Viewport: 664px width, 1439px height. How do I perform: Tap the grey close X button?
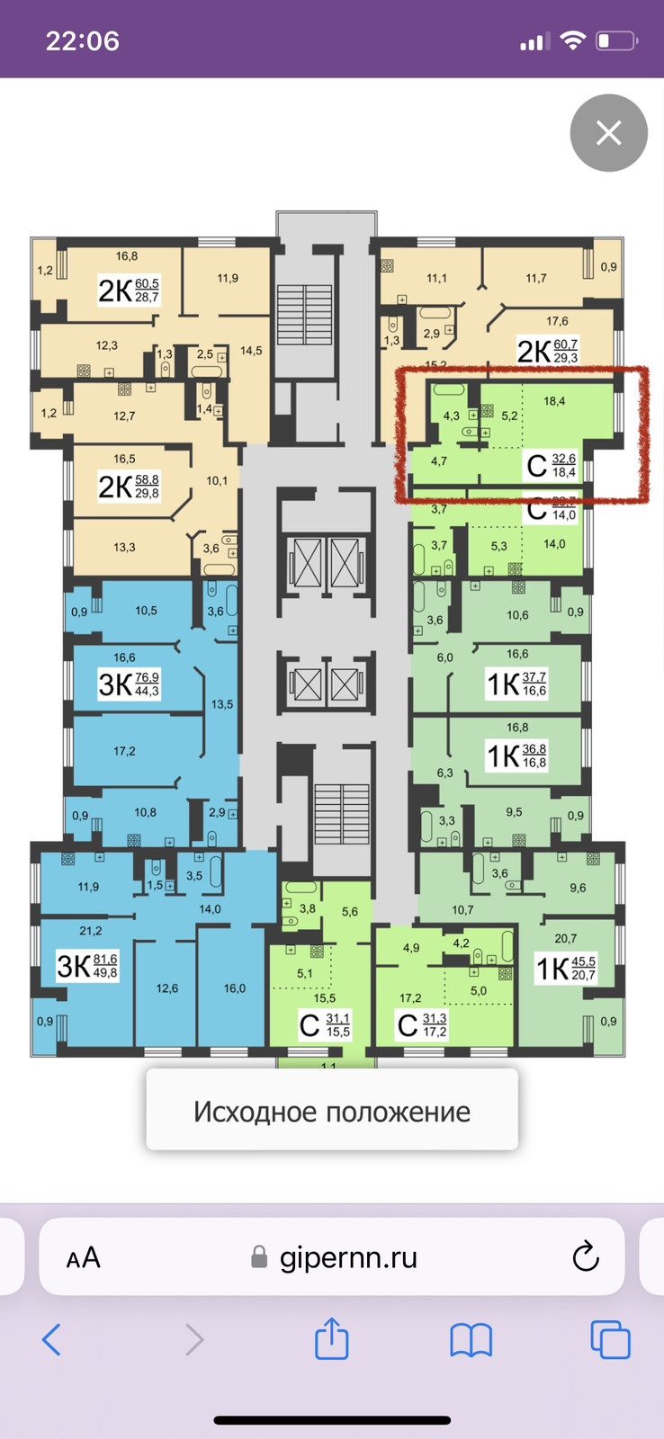[x=609, y=133]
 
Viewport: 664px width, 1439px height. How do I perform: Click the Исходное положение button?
[x=332, y=1112]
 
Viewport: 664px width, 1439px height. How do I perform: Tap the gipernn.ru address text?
[x=348, y=1256]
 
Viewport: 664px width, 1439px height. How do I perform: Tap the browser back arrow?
[x=52, y=1340]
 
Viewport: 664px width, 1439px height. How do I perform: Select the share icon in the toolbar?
[x=332, y=1338]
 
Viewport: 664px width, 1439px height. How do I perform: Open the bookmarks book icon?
[x=471, y=1340]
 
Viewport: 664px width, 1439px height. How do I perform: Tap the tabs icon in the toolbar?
[x=610, y=1340]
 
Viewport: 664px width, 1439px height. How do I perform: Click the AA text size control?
[x=83, y=1257]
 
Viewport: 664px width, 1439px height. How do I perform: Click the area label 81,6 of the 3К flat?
[x=105, y=960]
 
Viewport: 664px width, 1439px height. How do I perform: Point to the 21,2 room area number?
[x=91, y=931]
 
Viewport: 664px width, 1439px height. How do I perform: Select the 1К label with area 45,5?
[x=553, y=969]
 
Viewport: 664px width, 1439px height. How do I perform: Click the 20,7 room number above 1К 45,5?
[x=566, y=939]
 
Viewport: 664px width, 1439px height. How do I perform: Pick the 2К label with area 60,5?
[x=116, y=290]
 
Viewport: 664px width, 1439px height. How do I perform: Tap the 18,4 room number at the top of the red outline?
[x=554, y=401]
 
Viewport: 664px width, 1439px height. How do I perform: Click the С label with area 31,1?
[x=310, y=1025]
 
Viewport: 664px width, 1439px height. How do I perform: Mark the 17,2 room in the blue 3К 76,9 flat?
[x=124, y=751]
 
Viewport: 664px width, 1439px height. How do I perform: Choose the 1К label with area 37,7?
[x=503, y=684]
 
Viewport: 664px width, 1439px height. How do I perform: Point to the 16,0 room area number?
[x=235, y=988]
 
